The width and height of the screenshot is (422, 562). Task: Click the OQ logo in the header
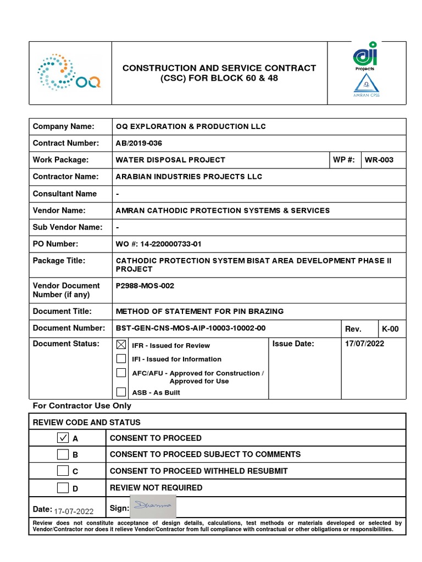click(69, 73)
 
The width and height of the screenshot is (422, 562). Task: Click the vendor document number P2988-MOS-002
click(145, 286)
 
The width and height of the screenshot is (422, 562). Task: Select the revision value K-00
click(390, 329)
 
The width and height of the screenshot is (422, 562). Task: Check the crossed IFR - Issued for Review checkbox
click(121, 345)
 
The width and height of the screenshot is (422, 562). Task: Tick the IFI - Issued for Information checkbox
click(121, 359)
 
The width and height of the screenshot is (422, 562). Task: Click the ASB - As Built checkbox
click(121, 392)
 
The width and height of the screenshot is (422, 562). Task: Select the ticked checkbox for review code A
click(63, 438)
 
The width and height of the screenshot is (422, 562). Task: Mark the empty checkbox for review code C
click(63, 471)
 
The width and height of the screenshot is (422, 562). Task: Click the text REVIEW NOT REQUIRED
click(156, 487)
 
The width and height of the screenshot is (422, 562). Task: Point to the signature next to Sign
click(153, 505)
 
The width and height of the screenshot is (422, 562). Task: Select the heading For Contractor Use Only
click(82, 406)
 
